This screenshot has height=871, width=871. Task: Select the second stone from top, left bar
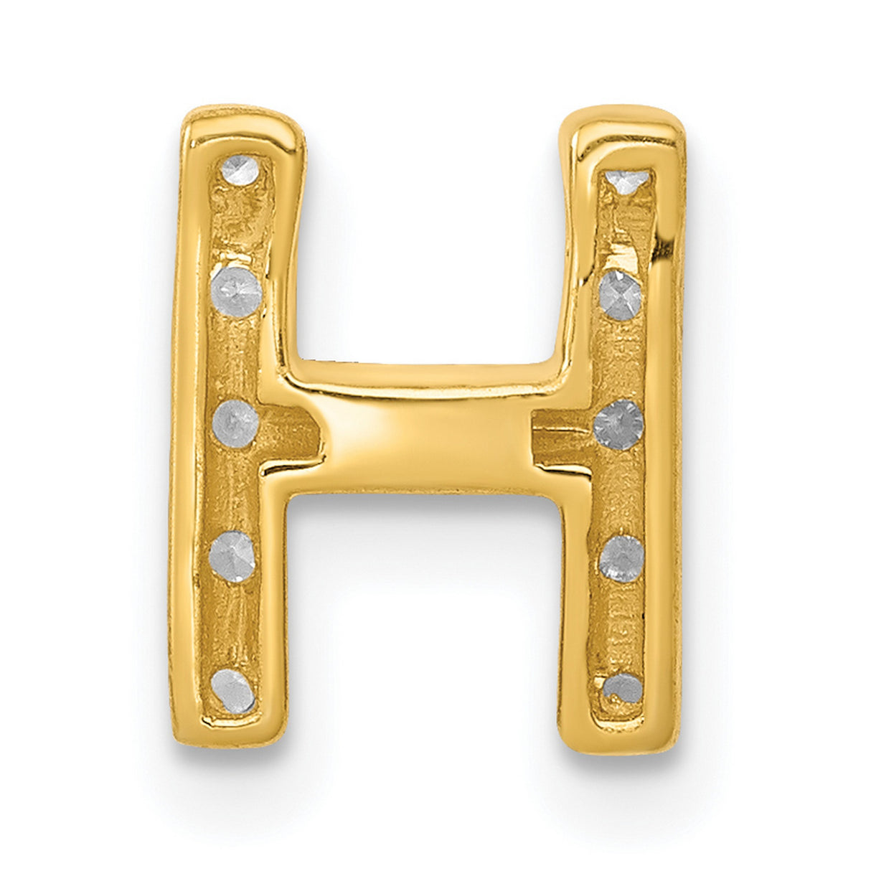pos(237,291)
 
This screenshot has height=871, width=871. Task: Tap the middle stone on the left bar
pos(235,423)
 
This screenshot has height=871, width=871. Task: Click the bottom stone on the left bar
pos(234,691)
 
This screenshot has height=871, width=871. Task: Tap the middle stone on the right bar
pos(618,425)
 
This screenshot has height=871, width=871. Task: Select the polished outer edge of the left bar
pos(184,430)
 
